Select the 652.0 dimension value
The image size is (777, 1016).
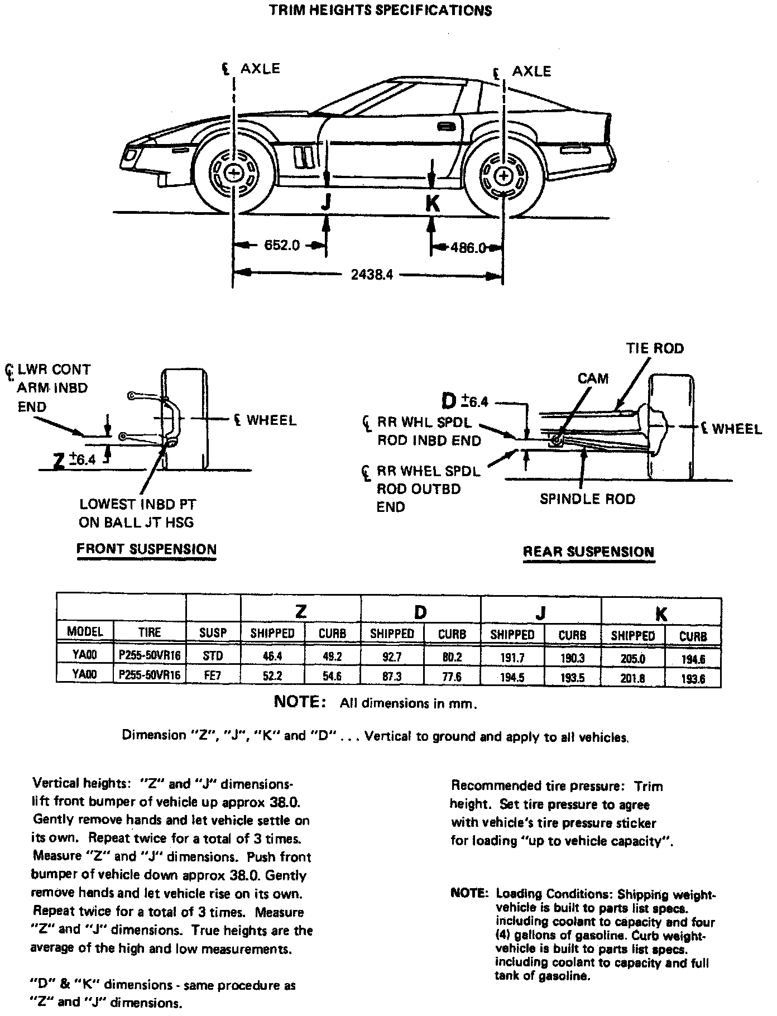(282, 245)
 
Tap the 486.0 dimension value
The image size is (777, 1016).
(468, 247)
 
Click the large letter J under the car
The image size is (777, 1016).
(327, 203)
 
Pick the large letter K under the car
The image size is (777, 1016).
(432, 203)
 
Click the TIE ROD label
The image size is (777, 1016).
(655, 348)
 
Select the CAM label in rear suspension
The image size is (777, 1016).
(593, 378)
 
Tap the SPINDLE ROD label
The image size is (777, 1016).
(587, 499)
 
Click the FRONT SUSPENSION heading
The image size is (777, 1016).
(146, 549)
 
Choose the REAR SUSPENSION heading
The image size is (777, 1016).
(588, 552)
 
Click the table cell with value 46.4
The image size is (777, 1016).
(272, 656)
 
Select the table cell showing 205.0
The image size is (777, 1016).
(632, 659)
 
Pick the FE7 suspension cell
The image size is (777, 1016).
(213, 675)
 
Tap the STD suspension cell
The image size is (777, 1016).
(213, 656)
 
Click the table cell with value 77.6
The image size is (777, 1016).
(452, 677)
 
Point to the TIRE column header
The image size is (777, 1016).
(150, 632)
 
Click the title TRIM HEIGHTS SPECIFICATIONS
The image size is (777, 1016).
(381, 11)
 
